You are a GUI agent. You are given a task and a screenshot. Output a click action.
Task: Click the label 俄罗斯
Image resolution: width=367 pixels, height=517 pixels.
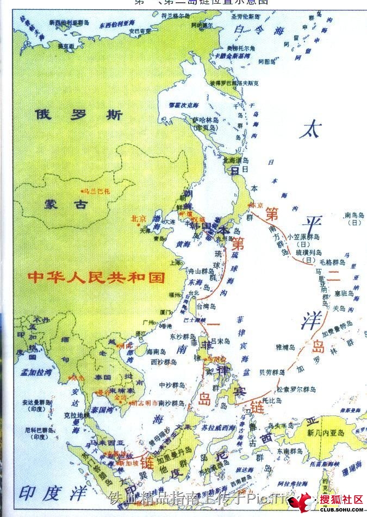tap(78, 115)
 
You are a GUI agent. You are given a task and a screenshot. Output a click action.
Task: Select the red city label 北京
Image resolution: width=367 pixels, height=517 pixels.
tap(139, 218)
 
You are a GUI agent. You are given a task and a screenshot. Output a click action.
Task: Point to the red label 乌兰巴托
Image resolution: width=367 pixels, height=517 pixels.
tap(97, 191)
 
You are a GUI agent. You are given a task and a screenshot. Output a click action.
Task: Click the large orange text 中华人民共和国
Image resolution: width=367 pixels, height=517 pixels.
tap(96, 278)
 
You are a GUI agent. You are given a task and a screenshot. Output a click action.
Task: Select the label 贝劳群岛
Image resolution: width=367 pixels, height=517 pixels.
tap(272, 373)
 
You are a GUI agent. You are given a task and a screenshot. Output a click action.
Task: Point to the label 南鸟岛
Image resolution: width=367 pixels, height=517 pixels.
tap(354, 216)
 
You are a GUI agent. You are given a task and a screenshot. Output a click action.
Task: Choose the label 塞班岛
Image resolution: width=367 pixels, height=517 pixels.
tap(345, 293)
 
